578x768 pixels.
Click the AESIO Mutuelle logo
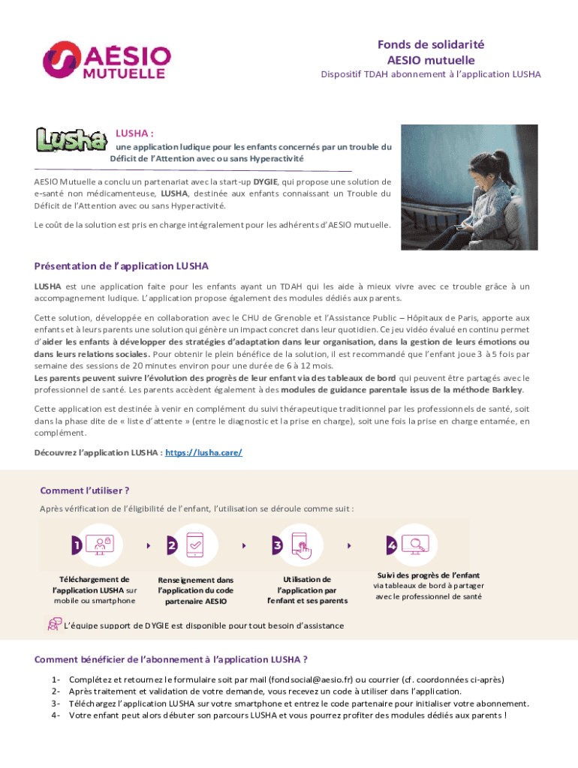click(106, 60)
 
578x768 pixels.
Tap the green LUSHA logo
click(71, 139)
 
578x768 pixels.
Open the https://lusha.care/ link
click(203, 453)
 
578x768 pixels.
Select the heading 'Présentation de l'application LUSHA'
click(122, 266)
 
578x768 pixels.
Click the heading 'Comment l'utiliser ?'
click(85, 490)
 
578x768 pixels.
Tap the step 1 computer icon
click(99, 545)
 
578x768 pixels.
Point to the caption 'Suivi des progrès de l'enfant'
click(428, 575)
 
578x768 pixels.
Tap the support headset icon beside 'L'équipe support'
click(55, 624)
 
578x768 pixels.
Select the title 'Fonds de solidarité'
click(430, 45)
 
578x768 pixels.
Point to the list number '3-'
click(56, 703)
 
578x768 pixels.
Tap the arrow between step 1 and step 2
click(148, 546)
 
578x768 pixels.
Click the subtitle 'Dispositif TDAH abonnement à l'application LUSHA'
click(430, 74)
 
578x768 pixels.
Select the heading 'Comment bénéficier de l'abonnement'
click(170, 660)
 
